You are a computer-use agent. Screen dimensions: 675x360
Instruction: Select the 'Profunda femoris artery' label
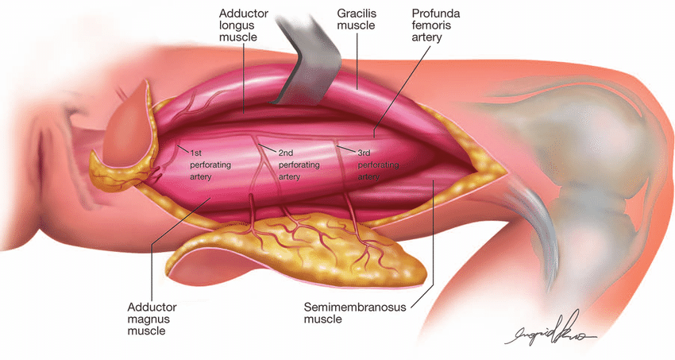[438, 25]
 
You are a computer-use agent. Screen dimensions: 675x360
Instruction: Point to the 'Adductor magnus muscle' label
[152, 319]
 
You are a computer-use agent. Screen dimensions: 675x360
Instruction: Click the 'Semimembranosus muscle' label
[345, 312]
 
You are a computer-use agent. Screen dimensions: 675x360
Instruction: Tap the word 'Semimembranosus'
[345, 306]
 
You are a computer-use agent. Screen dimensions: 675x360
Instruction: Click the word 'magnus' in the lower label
[152, 319]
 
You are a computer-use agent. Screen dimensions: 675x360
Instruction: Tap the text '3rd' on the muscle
[365, 151]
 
